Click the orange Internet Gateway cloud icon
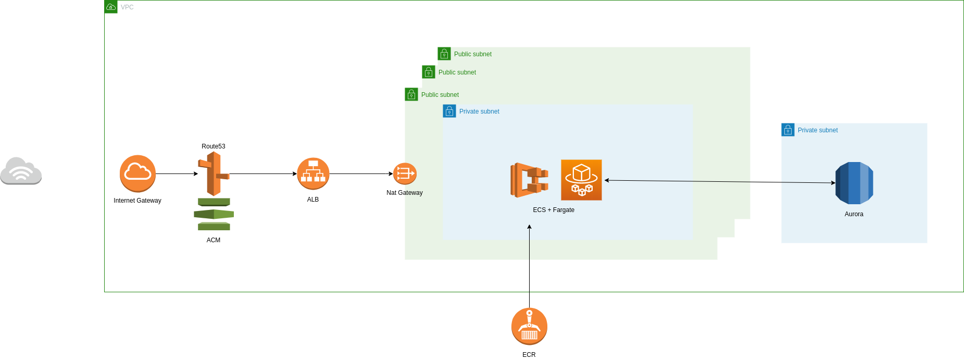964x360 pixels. pos(137,173)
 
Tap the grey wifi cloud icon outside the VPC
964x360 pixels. pos(21,171)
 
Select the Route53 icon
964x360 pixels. pos(214,173)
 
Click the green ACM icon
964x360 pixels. pos(214,214)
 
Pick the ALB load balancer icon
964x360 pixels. pos(313,173)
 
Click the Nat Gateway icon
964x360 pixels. pos(405,173)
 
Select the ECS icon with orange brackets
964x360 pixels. pos(529,180)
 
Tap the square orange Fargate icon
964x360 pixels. pos(581,180)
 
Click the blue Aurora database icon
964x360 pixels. pos(854,183)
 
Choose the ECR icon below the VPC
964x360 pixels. pos(529,326)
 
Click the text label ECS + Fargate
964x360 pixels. pos(554,210)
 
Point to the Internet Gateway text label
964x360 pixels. pos(137,201)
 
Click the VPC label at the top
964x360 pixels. pos(127,7)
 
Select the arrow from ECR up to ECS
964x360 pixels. pos(529,266)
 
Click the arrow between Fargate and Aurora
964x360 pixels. pos(719,182)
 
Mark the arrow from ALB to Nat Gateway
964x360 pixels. pos(360,173)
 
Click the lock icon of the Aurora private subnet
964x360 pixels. pos(788,130)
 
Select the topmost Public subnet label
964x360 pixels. pos(472,54)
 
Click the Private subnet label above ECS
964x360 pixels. pos(479,111)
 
